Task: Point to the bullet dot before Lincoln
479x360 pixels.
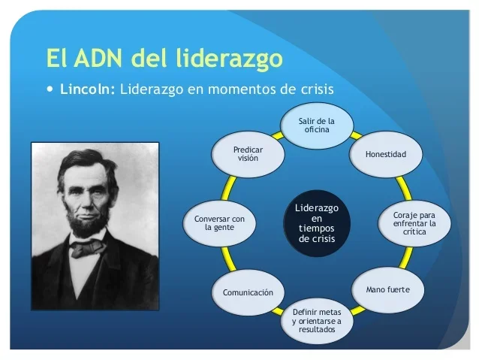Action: (50, 89)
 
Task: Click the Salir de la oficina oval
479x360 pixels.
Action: (317, 126)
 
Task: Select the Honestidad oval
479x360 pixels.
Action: (385, 154)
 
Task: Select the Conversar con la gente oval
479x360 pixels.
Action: (220, 222)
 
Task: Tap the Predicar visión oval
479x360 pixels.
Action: (248, 154)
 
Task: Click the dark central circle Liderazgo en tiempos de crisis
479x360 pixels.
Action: (316, 222)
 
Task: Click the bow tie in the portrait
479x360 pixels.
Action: (89, 246)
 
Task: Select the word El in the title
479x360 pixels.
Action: (56, 58)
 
